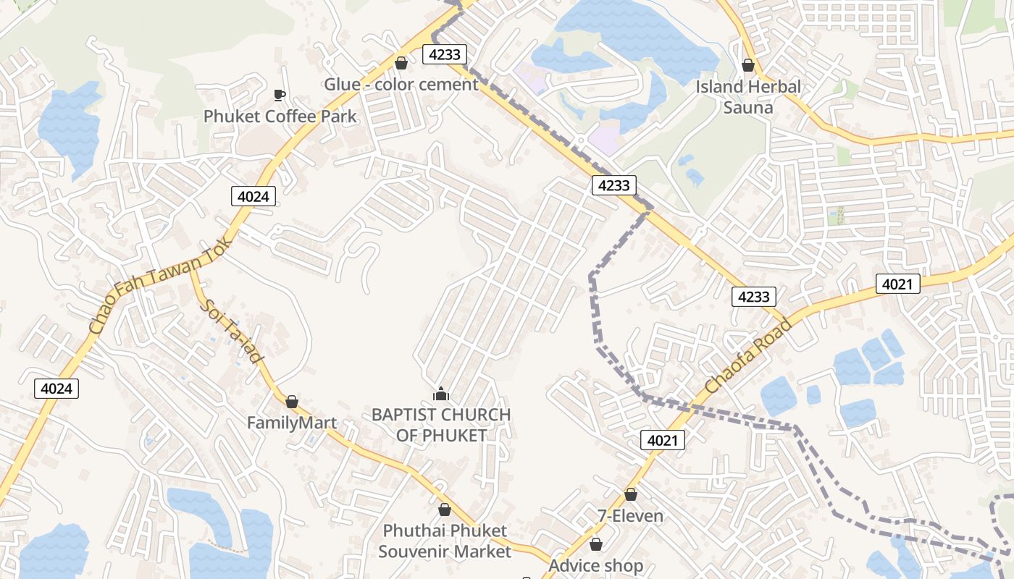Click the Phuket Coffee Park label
coord(280,117)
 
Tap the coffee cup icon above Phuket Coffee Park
coord(279,95)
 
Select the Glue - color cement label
coord(401,85)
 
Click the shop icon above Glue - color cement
coord(401,63)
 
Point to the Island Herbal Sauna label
coord(748,97)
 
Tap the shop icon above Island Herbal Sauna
coord(748,65)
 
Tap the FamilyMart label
coord(292,423)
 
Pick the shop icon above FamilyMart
coord(292,402)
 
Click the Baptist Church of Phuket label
coord(441,425)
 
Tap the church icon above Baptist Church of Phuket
coord(441,394)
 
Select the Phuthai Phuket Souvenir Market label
coord(445,541)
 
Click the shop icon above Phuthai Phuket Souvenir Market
coord(445,510)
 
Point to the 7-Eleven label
coord(630,516)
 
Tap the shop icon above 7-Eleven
coord(631,495)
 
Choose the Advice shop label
coord(595,565)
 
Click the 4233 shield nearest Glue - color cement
coord(444,54)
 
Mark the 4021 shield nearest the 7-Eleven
coord(662,440)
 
